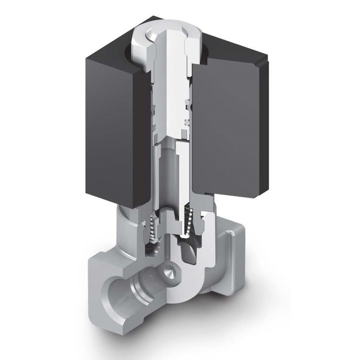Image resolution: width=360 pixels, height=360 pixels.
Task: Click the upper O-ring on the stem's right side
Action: (x=187, y=105)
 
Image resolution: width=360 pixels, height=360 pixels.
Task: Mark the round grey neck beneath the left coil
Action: (x=126, y=223)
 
